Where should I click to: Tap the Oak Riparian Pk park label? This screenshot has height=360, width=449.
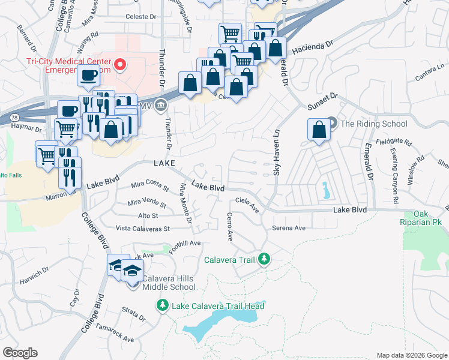[x=427, y=218]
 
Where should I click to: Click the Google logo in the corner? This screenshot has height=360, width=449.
[x=20, y=353]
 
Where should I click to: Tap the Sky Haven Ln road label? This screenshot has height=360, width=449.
[x=277, y=154]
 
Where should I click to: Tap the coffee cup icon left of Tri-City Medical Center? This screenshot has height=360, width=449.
[x=88, y=76]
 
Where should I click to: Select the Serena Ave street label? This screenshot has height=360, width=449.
[x=289, y=228]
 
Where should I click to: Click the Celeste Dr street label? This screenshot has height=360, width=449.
[x=140, y=17]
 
